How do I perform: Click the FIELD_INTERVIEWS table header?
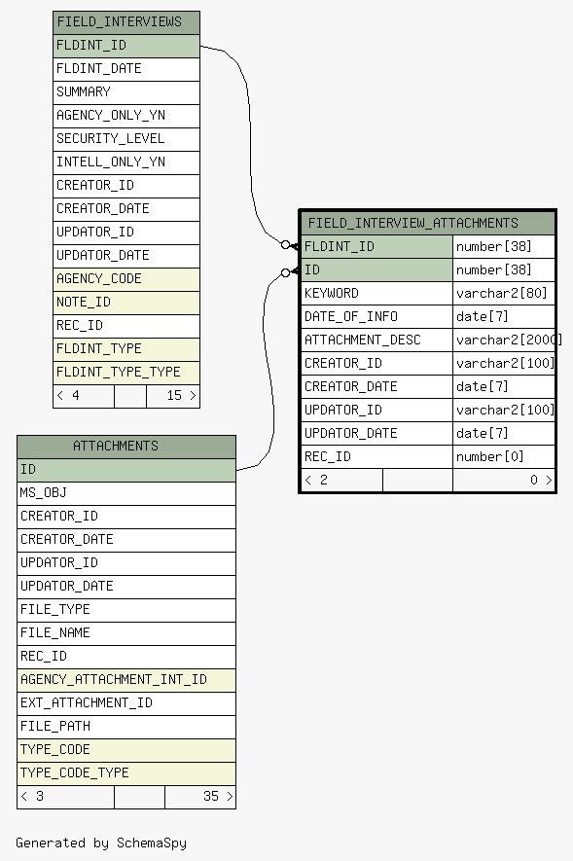click(x=126, y=22)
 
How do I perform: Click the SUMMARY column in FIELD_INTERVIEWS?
click(x=126, y=92)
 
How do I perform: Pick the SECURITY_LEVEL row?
click(x=126, y=139)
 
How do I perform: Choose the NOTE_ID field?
click(x=126, y=303)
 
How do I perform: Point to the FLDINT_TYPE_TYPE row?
click(x=126, y=373)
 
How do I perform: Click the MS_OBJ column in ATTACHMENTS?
click(x=126, y=493)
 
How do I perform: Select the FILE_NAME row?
click(x=126, y=633)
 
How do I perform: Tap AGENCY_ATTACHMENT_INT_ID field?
click(x=126, y=680)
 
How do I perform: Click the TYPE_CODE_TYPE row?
click(x=126, y=773)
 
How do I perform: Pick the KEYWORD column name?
click(x=332, y=293)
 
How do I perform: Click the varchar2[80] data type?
click(x=502, y=293)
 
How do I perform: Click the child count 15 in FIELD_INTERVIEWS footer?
click(x=174, y=395)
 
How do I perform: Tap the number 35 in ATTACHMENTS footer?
click(x=211, y=796)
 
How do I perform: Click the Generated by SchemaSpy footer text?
click(x=101, y=843)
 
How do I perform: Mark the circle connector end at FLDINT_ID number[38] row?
click(x=285, y=245)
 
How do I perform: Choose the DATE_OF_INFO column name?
click(x=351, y=317)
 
